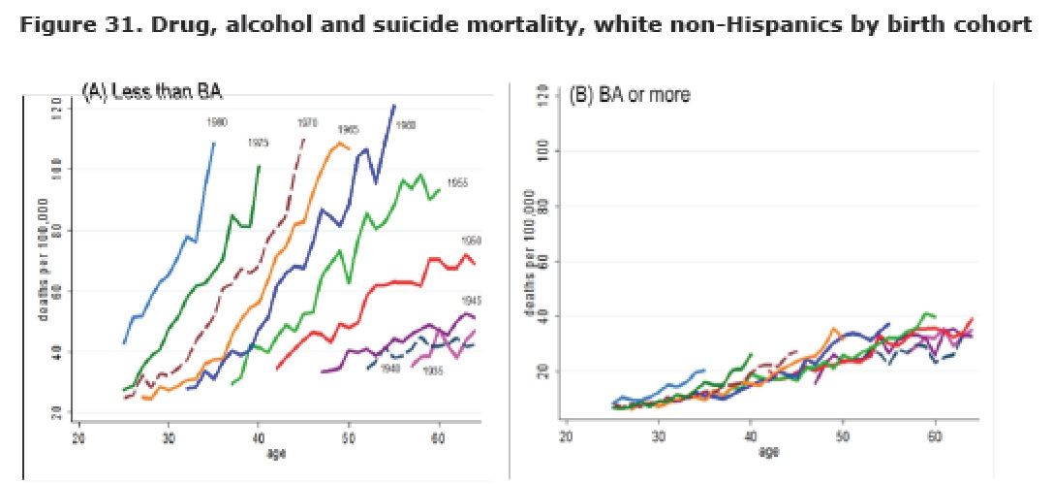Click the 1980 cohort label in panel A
(216, 122)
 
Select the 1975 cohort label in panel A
(258, 143)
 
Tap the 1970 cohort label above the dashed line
(307, 122)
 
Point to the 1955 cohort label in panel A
(457, 183)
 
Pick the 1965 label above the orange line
(349, 130)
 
